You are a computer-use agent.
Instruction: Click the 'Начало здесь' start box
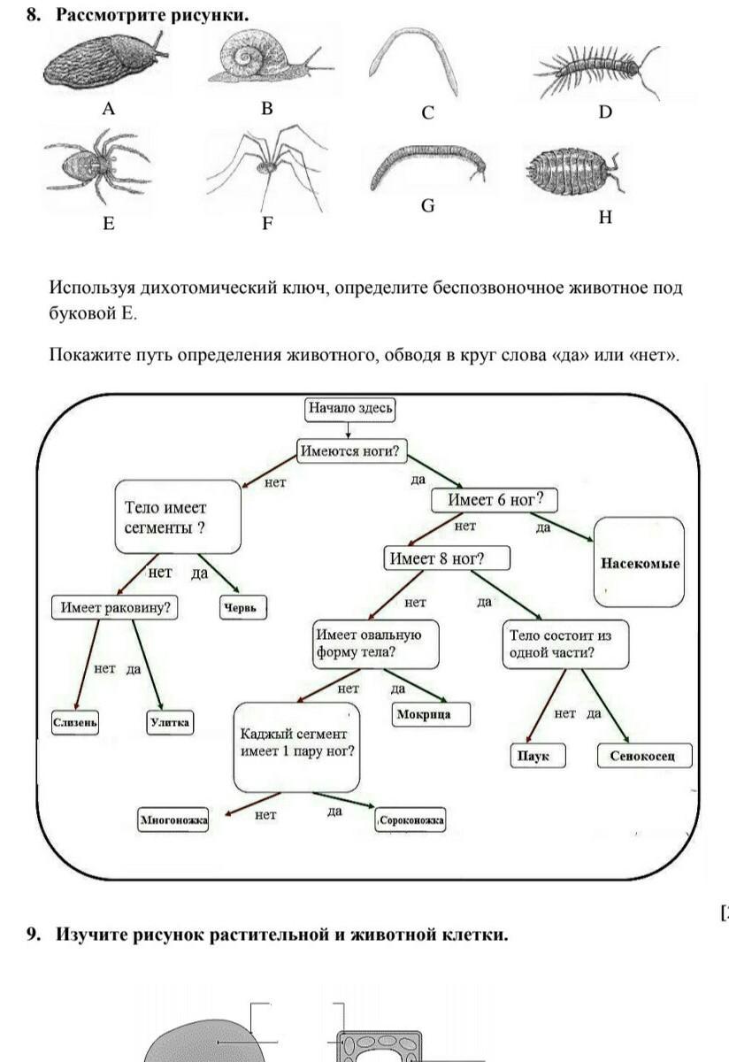click(349, 409)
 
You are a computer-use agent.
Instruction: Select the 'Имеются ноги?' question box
click(350, 450)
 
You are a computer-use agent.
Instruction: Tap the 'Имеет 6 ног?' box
click(495, 500)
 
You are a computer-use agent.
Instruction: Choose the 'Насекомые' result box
click(640, 563)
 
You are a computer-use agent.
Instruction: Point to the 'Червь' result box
click(242, 608)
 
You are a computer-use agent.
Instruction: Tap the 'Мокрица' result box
click(431, 714)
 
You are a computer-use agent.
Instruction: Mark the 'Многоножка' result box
click(173, 820)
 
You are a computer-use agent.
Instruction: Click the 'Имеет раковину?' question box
click(114, 608)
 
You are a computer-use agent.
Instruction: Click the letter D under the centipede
click(605, 112)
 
